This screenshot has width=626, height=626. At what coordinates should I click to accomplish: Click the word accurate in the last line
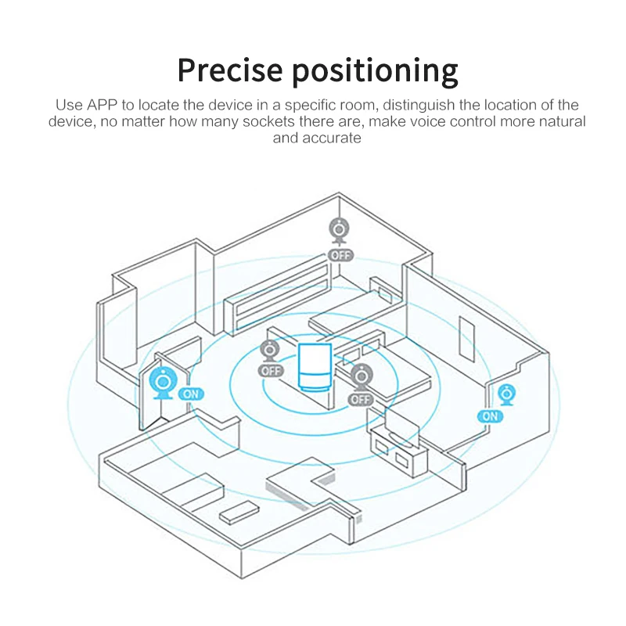[331, 138]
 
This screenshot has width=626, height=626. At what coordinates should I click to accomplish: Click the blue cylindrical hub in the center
[316, 366]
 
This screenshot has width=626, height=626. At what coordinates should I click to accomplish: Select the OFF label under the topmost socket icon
[340, 255]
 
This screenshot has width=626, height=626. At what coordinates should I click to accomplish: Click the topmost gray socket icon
[340, 232]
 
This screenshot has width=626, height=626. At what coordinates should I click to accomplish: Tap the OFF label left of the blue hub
[272, 371]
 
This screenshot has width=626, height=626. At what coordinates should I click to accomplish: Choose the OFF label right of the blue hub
[361, 399]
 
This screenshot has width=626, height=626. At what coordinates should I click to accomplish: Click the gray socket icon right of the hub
[361, 377]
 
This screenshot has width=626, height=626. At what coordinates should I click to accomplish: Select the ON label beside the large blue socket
[190, 394]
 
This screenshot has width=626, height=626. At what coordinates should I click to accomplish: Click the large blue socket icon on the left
[164, 383]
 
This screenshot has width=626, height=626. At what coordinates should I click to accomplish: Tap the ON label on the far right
[490, 416]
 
